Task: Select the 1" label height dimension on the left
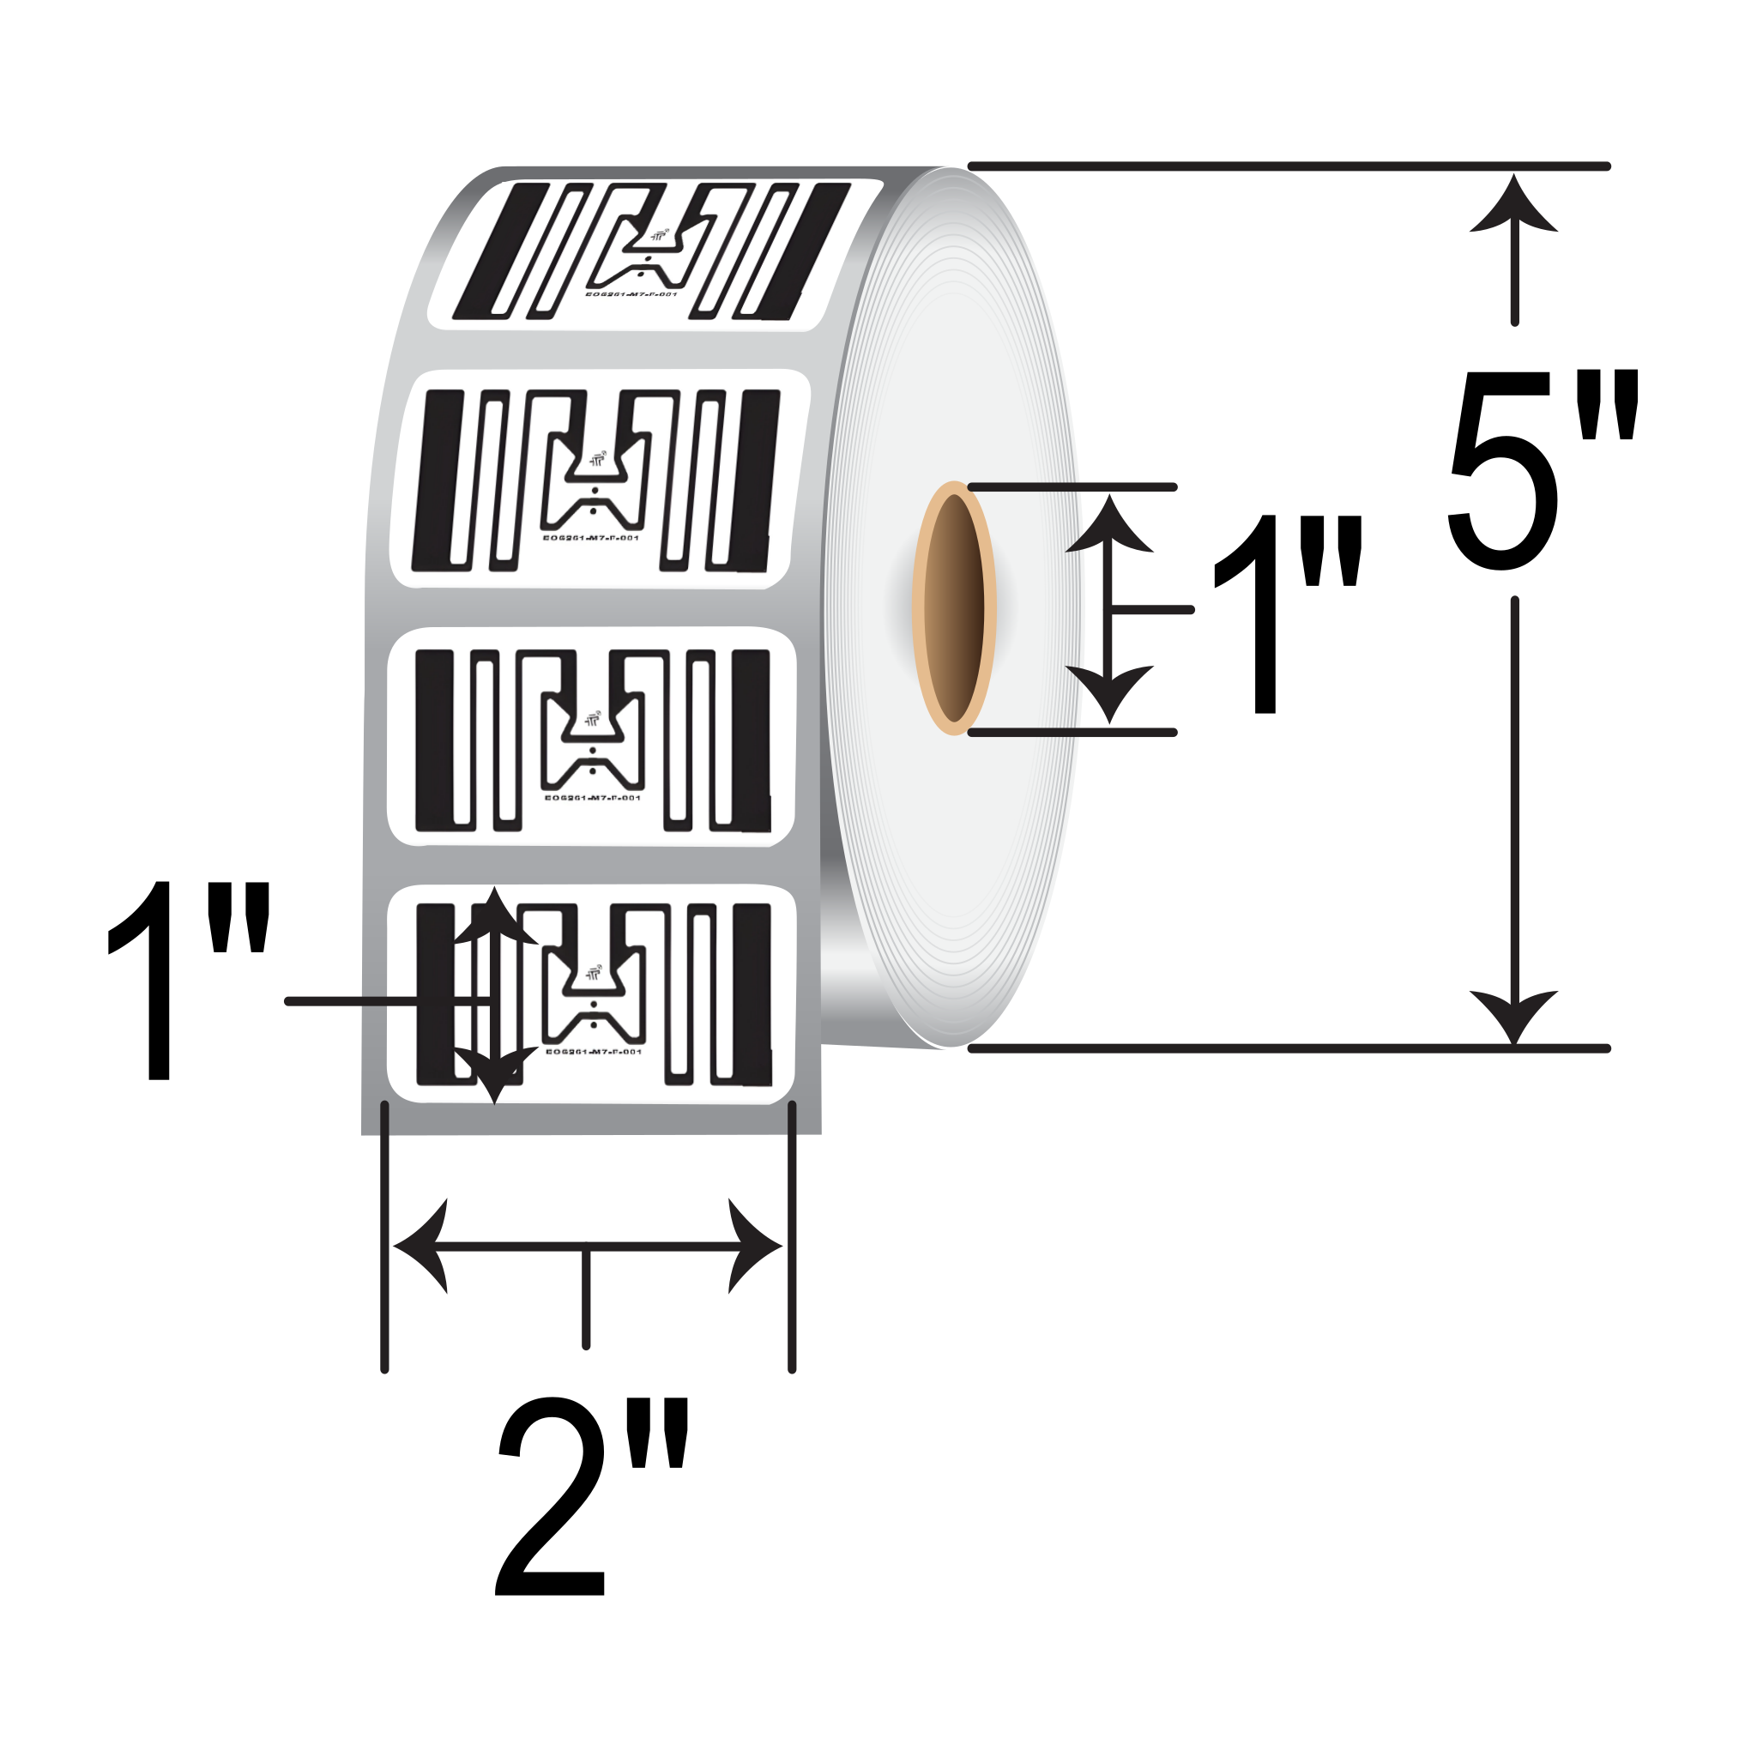coord(187,981)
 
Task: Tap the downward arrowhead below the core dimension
coord(1109,692)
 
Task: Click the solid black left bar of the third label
coord(434,740)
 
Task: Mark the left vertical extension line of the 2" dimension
coord(384,1237)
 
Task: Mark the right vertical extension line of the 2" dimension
coord(792,1237)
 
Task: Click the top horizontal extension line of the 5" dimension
coord(1288,166)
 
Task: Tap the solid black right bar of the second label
coord(759,480)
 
